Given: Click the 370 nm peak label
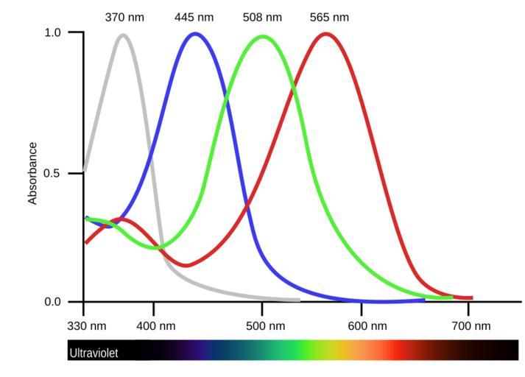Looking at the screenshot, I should [x=124, y=17].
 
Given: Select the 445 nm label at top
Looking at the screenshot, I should [x=194, y=17].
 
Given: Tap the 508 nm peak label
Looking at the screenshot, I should [x=262, y=17].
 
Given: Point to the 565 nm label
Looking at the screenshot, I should [x=329, y=17].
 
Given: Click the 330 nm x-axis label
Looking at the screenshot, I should [x=87, y=325].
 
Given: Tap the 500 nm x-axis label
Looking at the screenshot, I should [x=261, y=325].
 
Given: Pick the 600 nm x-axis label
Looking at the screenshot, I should [x=362, y=325].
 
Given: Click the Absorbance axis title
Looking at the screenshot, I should [x=32, y=173].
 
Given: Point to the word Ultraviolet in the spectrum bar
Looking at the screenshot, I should [x=94, y=353].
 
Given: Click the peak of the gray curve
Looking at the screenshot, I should [x=123, y=35].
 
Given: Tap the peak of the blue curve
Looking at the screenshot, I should [x=195, y=33].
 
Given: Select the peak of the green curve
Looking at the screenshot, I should [x=263, y=36].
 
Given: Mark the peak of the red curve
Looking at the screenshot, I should [x=325, y=33].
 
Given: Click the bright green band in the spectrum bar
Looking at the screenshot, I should [x=295, y=350].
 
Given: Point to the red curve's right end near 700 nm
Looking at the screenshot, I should [x=470, y=298].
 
